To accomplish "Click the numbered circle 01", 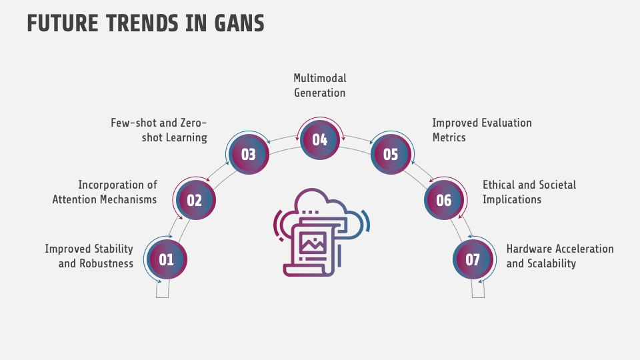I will [x=166, y=259].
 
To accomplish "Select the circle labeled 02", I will [x=195, y=200].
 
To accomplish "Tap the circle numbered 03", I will [x=249, y=154].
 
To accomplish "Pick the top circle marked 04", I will [x=320, y=139].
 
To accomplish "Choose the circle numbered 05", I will [x=391, y=154].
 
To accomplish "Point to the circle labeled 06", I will [x=444, y=200].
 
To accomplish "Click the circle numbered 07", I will [x=473, y=259].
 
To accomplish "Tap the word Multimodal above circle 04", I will [x=320, y=79].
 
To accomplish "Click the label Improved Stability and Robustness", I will [x=89, y=256].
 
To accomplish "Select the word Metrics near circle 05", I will [x=449, y=137].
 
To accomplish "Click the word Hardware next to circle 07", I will [x=529, y=249].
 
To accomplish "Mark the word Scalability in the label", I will [x=550, y=263].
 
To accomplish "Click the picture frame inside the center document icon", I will [x=311, y=241].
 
